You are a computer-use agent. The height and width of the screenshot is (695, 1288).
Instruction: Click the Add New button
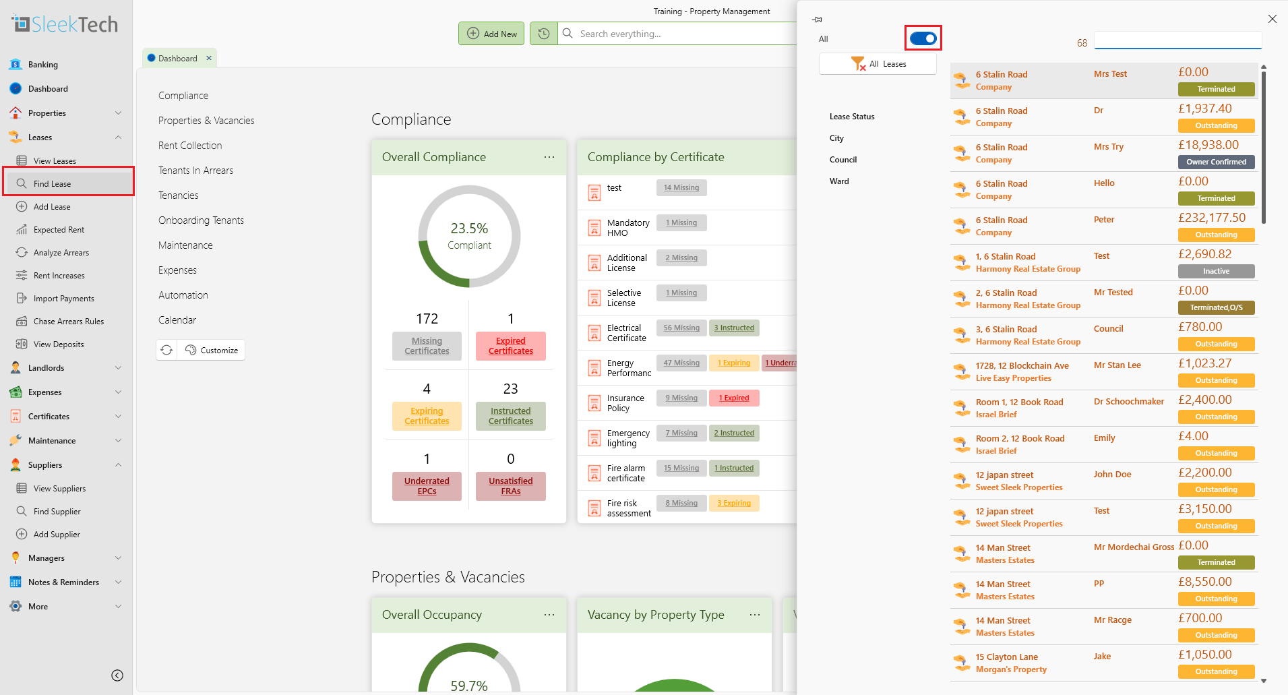click(491, 34)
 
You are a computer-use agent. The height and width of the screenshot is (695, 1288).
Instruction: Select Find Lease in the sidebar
click(52, 183)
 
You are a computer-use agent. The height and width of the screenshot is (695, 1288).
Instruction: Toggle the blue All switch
click(923, 38)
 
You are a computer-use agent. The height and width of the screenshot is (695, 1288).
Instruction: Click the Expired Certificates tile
click(510, 346)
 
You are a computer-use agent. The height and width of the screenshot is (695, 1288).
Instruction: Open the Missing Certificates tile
click(427, 346)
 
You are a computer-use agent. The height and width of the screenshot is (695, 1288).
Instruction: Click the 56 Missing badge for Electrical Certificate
click(681, 328)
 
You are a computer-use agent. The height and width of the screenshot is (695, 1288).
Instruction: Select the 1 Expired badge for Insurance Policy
click(734, 398)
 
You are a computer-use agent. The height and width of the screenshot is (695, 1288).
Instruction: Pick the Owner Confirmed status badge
click(1216, 162)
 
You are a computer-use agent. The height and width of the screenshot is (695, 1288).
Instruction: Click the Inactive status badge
click(1216, 271)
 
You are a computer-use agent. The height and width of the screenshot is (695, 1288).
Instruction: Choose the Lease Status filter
click(852, 117)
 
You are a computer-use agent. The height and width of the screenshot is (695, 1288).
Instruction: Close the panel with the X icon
click(1272, 19)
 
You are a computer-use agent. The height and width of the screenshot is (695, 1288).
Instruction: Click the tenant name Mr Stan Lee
click(1117, 365)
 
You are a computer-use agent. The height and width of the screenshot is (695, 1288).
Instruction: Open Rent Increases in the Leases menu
click(59, 276)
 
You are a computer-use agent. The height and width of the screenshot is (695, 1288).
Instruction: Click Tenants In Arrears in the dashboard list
click(195, 171)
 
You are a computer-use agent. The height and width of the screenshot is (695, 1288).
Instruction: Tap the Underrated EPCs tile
click(427, 486)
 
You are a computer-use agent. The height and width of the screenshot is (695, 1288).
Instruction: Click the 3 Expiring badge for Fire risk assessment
click(734, 503)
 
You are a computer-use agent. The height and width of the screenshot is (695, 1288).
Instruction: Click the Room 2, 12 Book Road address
click(1020, 439)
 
